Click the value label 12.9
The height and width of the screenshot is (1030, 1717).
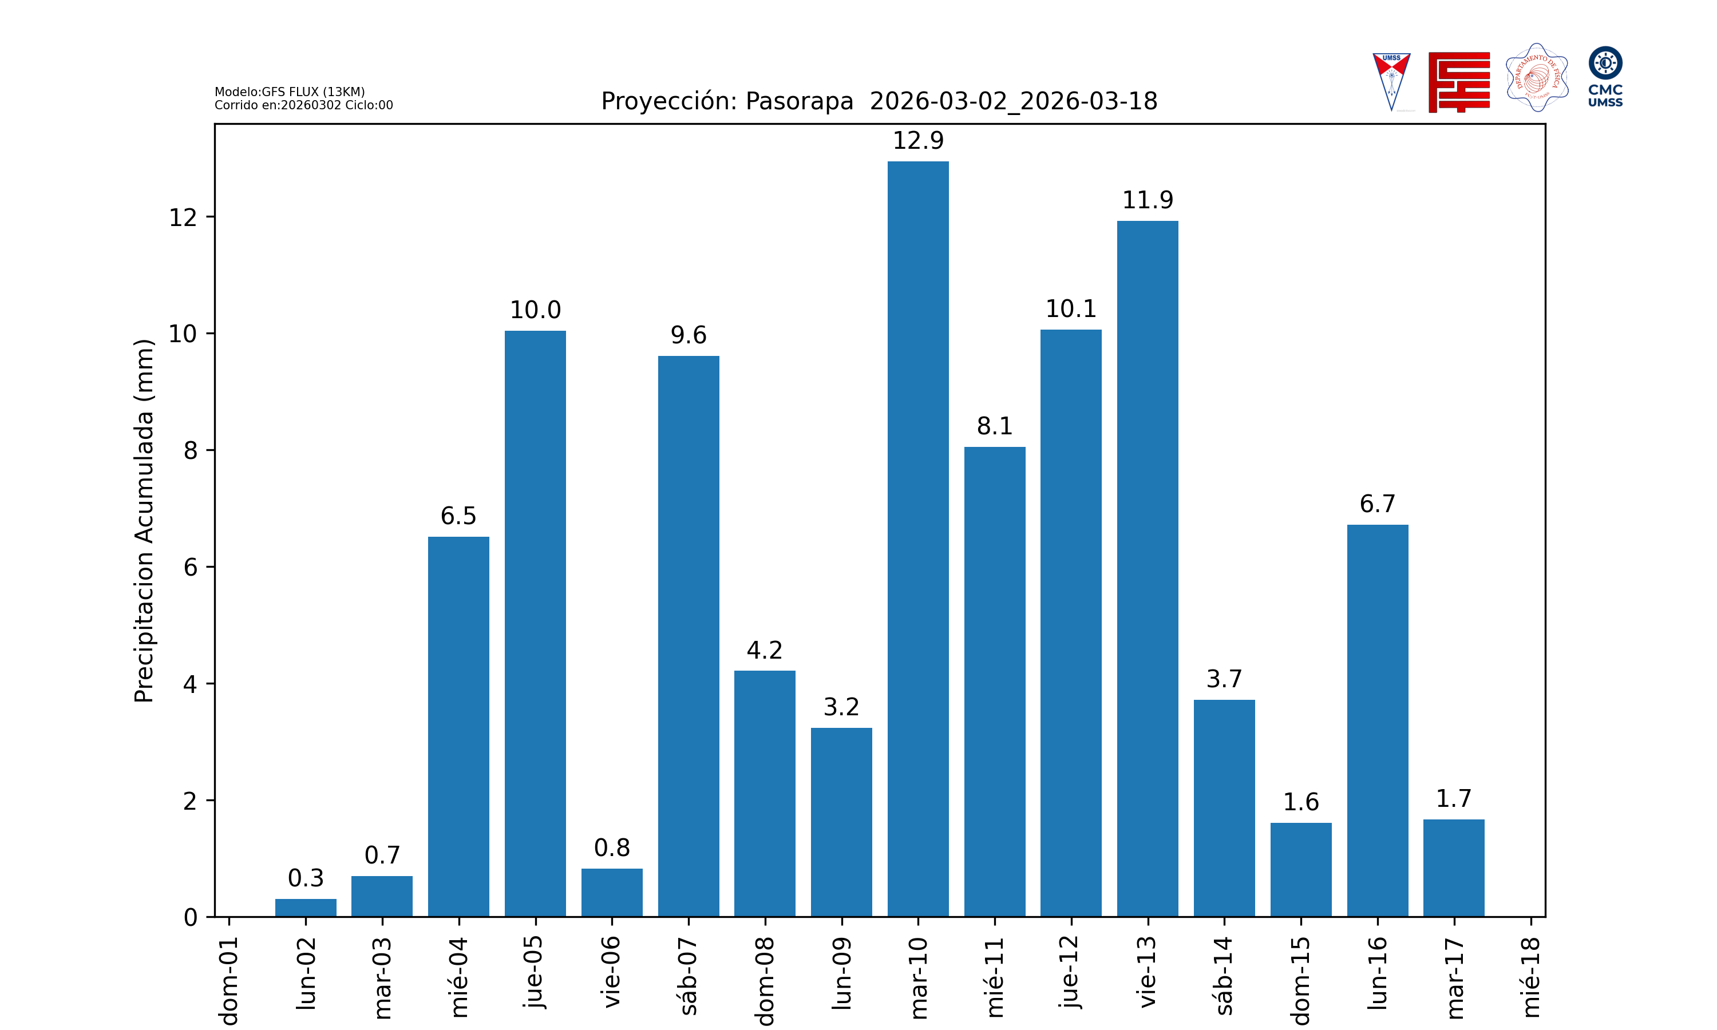click(917, 141)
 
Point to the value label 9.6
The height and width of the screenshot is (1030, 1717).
click(688, 335)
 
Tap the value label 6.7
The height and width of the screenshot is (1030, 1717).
click(1377, 504)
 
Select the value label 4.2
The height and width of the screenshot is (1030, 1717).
click(764, 651)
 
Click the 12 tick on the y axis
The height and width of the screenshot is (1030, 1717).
click(183, 218)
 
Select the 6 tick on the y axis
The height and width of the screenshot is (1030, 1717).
click(190, 568)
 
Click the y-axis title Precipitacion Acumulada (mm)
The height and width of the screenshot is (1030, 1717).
click(144, 521)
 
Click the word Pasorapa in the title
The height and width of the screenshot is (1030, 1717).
click(799, 101)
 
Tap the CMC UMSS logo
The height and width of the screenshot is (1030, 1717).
click(1605, 76)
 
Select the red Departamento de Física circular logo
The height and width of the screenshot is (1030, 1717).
click(1537, 78)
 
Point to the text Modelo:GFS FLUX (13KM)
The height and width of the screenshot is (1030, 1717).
click(290, 92)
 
